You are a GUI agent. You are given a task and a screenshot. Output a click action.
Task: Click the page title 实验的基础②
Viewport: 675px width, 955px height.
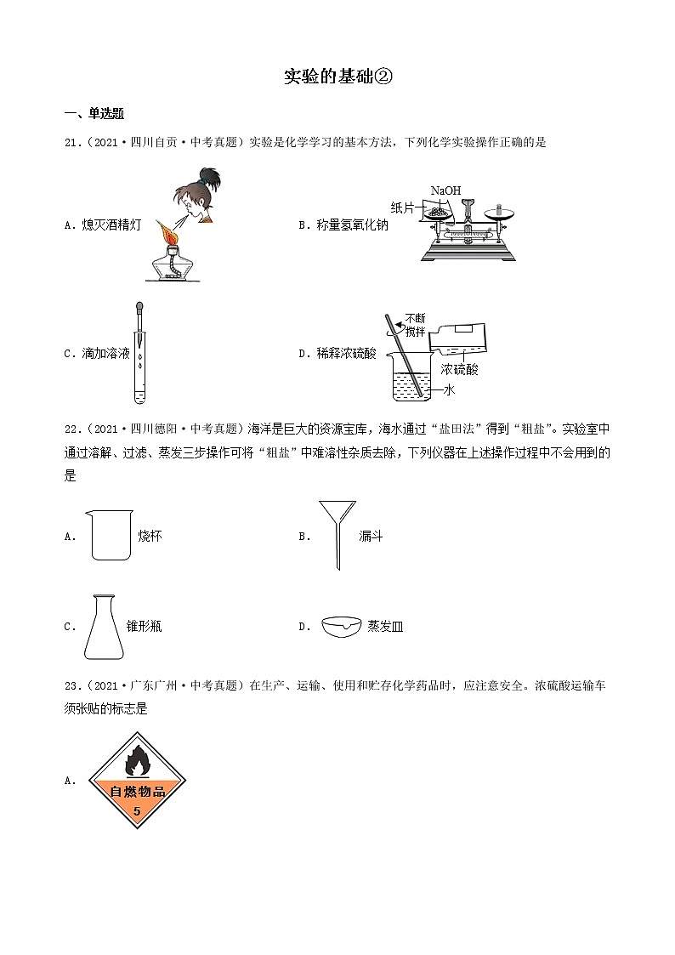click(x=337, y=77)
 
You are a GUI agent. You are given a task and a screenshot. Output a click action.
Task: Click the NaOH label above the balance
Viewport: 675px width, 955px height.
click(x=445, y=190)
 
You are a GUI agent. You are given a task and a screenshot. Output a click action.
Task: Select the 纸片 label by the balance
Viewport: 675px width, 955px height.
click(x=403, y=207)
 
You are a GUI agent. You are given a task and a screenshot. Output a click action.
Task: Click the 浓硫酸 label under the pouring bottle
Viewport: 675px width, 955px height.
click(x=458, y=370)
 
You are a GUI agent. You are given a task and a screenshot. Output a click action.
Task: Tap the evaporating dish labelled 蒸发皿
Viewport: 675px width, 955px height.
click(x=342, y=626)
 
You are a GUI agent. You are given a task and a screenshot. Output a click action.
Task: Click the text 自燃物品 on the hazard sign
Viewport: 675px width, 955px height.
click(x=136, y=792)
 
